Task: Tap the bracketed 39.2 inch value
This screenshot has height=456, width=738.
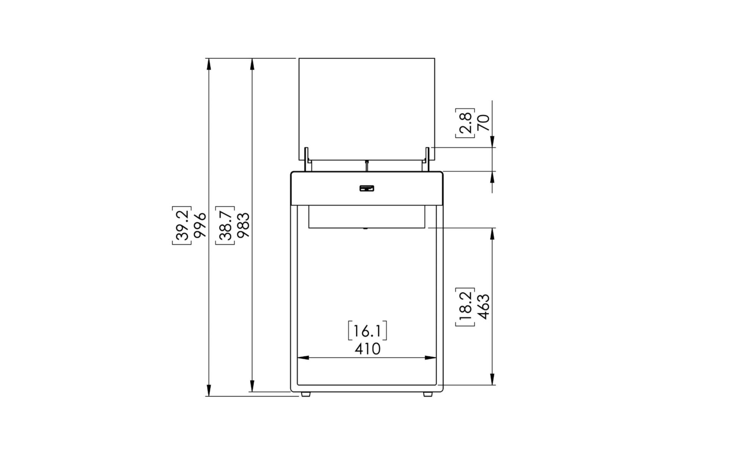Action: click(182, 225)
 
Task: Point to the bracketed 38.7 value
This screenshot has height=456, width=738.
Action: click(225, 225)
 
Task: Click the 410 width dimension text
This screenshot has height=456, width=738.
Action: click(367, 349)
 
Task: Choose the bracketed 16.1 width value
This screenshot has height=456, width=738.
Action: click(367, 331)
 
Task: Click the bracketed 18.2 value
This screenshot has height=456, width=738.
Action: click(465, 307)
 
